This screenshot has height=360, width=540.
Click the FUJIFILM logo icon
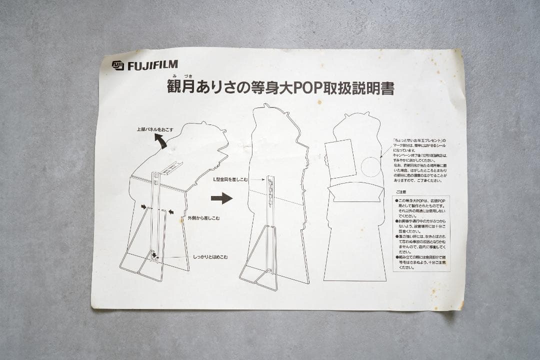click(x=117, y=65)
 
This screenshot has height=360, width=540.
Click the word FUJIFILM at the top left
click(x=152, y=65)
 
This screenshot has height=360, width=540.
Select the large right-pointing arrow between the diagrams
click(x=221, y=198)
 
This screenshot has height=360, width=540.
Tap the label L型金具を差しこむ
click(x=231, y=179)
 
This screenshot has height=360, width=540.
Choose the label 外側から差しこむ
click(x=203, y=218)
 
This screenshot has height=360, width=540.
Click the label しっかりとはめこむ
click(x=210, y=256)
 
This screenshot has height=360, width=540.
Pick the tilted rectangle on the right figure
click(x=340, y=157)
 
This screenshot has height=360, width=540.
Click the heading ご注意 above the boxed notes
click(x=401, y=191)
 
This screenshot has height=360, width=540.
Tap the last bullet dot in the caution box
click(x=396, y=257)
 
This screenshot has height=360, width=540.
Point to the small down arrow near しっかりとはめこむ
click(x=154, y=255)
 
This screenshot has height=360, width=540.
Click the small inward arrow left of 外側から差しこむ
click(x=171, y=212)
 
